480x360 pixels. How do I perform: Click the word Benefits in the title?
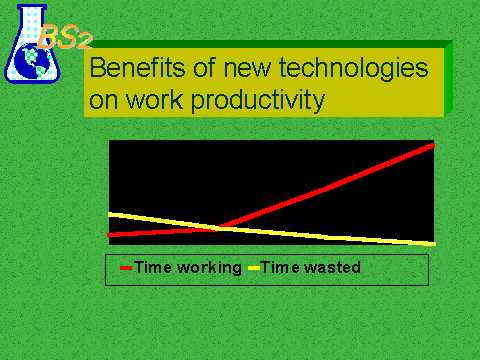tap(136, 67)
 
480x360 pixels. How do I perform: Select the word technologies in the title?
tap(353, 68)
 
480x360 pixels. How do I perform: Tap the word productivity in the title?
tap(258, 100)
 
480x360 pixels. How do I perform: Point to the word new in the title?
tap(247, 70)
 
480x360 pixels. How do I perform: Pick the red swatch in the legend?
tap(126, 268)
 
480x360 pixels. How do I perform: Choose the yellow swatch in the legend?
tap(254, 268)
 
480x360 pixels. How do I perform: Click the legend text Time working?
tap(188, 268)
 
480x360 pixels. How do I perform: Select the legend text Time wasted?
tap(311, 267)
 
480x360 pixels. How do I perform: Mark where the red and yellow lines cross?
tap(218, 228)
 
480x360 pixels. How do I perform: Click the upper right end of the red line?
tap(433, 145)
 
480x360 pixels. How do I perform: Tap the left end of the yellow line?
tap(110, 215)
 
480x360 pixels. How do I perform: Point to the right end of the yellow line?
tap(434, 244)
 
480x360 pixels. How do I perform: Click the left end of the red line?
tap(109, 235)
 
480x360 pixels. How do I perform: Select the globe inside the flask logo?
tap(34, 62)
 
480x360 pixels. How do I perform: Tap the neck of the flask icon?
tap(32, 19)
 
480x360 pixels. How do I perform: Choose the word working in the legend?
tap(209, 268)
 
